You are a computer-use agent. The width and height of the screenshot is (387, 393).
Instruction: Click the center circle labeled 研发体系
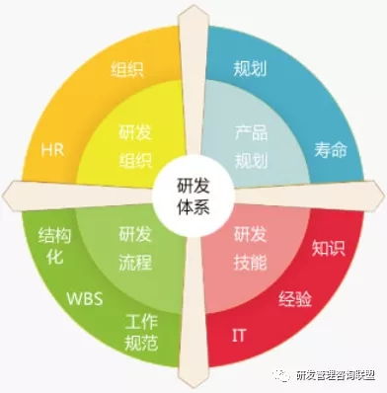click(x=192, y=192)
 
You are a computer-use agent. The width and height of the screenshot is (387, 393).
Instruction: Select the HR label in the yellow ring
click(x=52, y=150)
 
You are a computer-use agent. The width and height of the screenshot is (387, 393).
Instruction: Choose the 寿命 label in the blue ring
click(x=331, y=150)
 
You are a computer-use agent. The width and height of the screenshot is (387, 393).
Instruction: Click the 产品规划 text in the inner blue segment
click(x=251, y=145)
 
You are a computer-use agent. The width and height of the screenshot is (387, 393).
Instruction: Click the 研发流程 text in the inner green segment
click(x=134, y=248)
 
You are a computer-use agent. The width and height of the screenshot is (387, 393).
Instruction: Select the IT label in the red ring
click(x=239, y=335)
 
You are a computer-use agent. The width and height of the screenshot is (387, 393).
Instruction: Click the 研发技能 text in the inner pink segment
click(x=251, y=248)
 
